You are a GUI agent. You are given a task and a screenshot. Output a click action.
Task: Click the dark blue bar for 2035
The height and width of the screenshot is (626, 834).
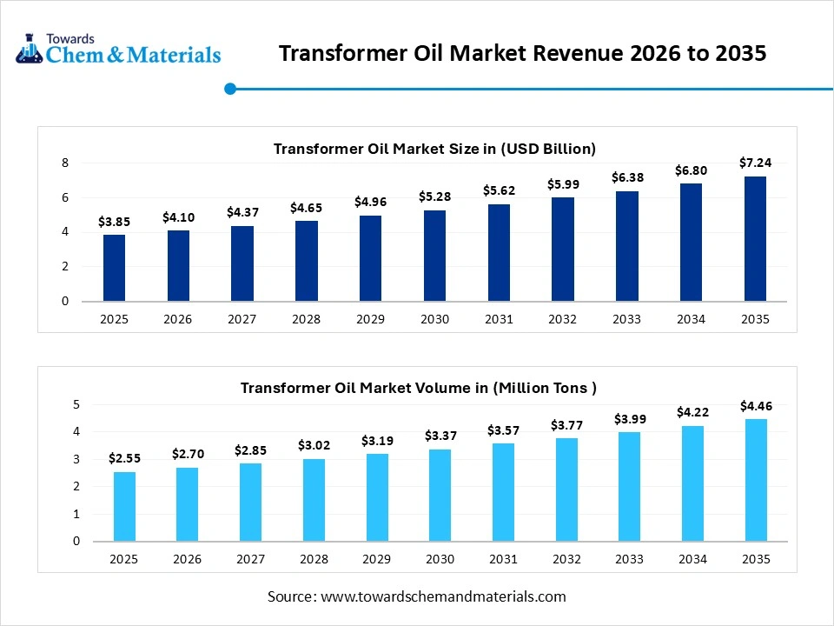(x=755, y=239)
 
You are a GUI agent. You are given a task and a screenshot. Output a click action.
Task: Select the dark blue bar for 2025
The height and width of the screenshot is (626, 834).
(x=114, y=268)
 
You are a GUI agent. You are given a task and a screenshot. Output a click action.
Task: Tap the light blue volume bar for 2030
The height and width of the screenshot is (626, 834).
(x=440, y=495)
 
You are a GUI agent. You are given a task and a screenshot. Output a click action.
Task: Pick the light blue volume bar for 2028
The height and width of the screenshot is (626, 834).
(x=314, y=500)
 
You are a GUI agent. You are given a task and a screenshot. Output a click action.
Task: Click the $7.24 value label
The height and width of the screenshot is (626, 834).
(x=755, y=163)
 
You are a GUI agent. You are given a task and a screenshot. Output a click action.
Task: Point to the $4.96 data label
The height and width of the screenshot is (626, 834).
(x=370, y=202)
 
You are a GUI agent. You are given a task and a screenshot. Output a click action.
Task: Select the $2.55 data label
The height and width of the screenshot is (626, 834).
(x=124, y=457)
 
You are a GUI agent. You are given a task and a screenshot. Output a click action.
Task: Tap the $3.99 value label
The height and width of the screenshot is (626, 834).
(x=630, y=419)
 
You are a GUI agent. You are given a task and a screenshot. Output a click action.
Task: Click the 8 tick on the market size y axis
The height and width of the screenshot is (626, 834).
(x=64, y=163)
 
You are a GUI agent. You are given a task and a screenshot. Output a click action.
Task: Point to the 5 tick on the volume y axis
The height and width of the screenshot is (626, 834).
(x=76, y=404)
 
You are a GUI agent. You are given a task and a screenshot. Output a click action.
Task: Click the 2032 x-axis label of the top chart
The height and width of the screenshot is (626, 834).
(x=562, y=319)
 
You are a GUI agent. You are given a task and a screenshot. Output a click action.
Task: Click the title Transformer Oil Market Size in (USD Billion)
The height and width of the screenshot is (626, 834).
(x=434, y=149)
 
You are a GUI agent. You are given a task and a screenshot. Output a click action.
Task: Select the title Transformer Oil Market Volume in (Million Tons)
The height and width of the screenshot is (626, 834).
(x=419, y=388)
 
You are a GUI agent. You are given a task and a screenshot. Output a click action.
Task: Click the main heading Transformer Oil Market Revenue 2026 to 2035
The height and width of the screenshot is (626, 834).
(x=522, y=54)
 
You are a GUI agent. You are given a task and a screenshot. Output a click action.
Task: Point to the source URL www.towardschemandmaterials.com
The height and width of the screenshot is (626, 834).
(x=443, y=596)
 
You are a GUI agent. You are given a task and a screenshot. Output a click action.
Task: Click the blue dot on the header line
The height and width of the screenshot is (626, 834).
(x=230, y=88)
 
